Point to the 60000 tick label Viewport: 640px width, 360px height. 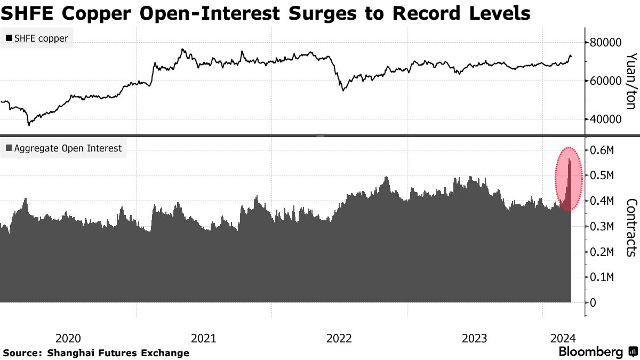pos(606,81)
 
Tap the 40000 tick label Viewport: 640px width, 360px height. pos(606,119)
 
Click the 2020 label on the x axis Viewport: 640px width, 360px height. pos(68,338)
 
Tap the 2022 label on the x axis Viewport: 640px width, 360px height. pos(339,338)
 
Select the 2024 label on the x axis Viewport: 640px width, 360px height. pos(562,338)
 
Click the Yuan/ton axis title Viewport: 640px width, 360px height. pos(631,81)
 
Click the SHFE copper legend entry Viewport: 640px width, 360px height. pos(37,38)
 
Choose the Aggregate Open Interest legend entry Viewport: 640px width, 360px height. pos(63,148)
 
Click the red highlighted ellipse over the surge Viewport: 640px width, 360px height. pos(569,179)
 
